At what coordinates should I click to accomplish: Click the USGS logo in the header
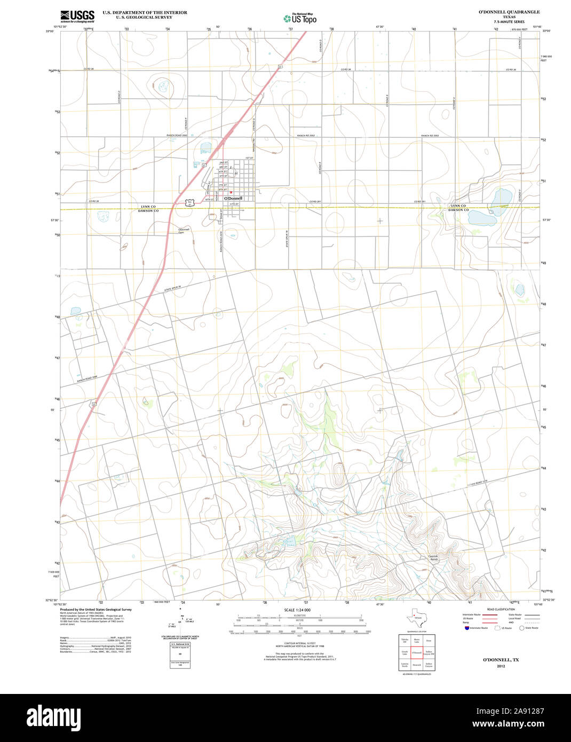[77, 15]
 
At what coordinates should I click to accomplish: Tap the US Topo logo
[300, 18]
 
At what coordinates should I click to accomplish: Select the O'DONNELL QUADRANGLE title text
[509, 12]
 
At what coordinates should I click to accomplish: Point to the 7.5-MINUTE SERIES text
[509, 22]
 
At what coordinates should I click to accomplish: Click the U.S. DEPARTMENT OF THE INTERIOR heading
[145, 12]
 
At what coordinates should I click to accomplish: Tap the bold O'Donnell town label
[233, 198]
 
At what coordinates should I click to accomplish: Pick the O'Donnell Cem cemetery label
[184, 231]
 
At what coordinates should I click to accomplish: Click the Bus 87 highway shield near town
[190, 202]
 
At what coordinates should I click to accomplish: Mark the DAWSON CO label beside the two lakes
[458, 210]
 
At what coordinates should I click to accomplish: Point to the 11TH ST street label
[233, 204]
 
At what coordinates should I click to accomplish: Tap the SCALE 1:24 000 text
[297, 610]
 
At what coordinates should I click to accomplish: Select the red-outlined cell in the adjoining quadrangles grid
[417, 653]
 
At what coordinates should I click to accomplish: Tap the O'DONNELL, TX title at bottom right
[501, 660]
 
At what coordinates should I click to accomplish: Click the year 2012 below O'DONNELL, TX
[501, 666]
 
